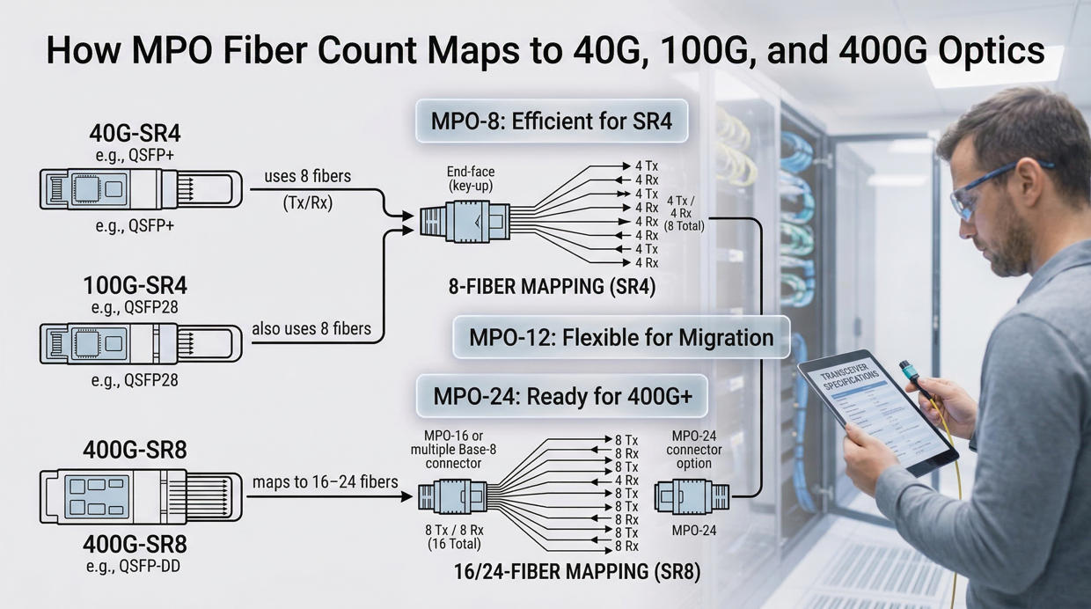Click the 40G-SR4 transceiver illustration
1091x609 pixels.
coord(141,188)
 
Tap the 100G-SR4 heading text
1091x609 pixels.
coord(135,286)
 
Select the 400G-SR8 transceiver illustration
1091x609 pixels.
coord(141,496)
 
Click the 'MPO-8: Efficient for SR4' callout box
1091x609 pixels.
coord(551,121)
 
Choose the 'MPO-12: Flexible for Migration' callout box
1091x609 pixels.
coord(620,337)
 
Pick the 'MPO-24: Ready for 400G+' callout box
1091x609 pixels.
coord(562,396)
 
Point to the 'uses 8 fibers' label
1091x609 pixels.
coord(307,177)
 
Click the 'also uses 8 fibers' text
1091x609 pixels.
coord(311,329)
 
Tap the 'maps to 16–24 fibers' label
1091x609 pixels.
coord(325,481)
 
